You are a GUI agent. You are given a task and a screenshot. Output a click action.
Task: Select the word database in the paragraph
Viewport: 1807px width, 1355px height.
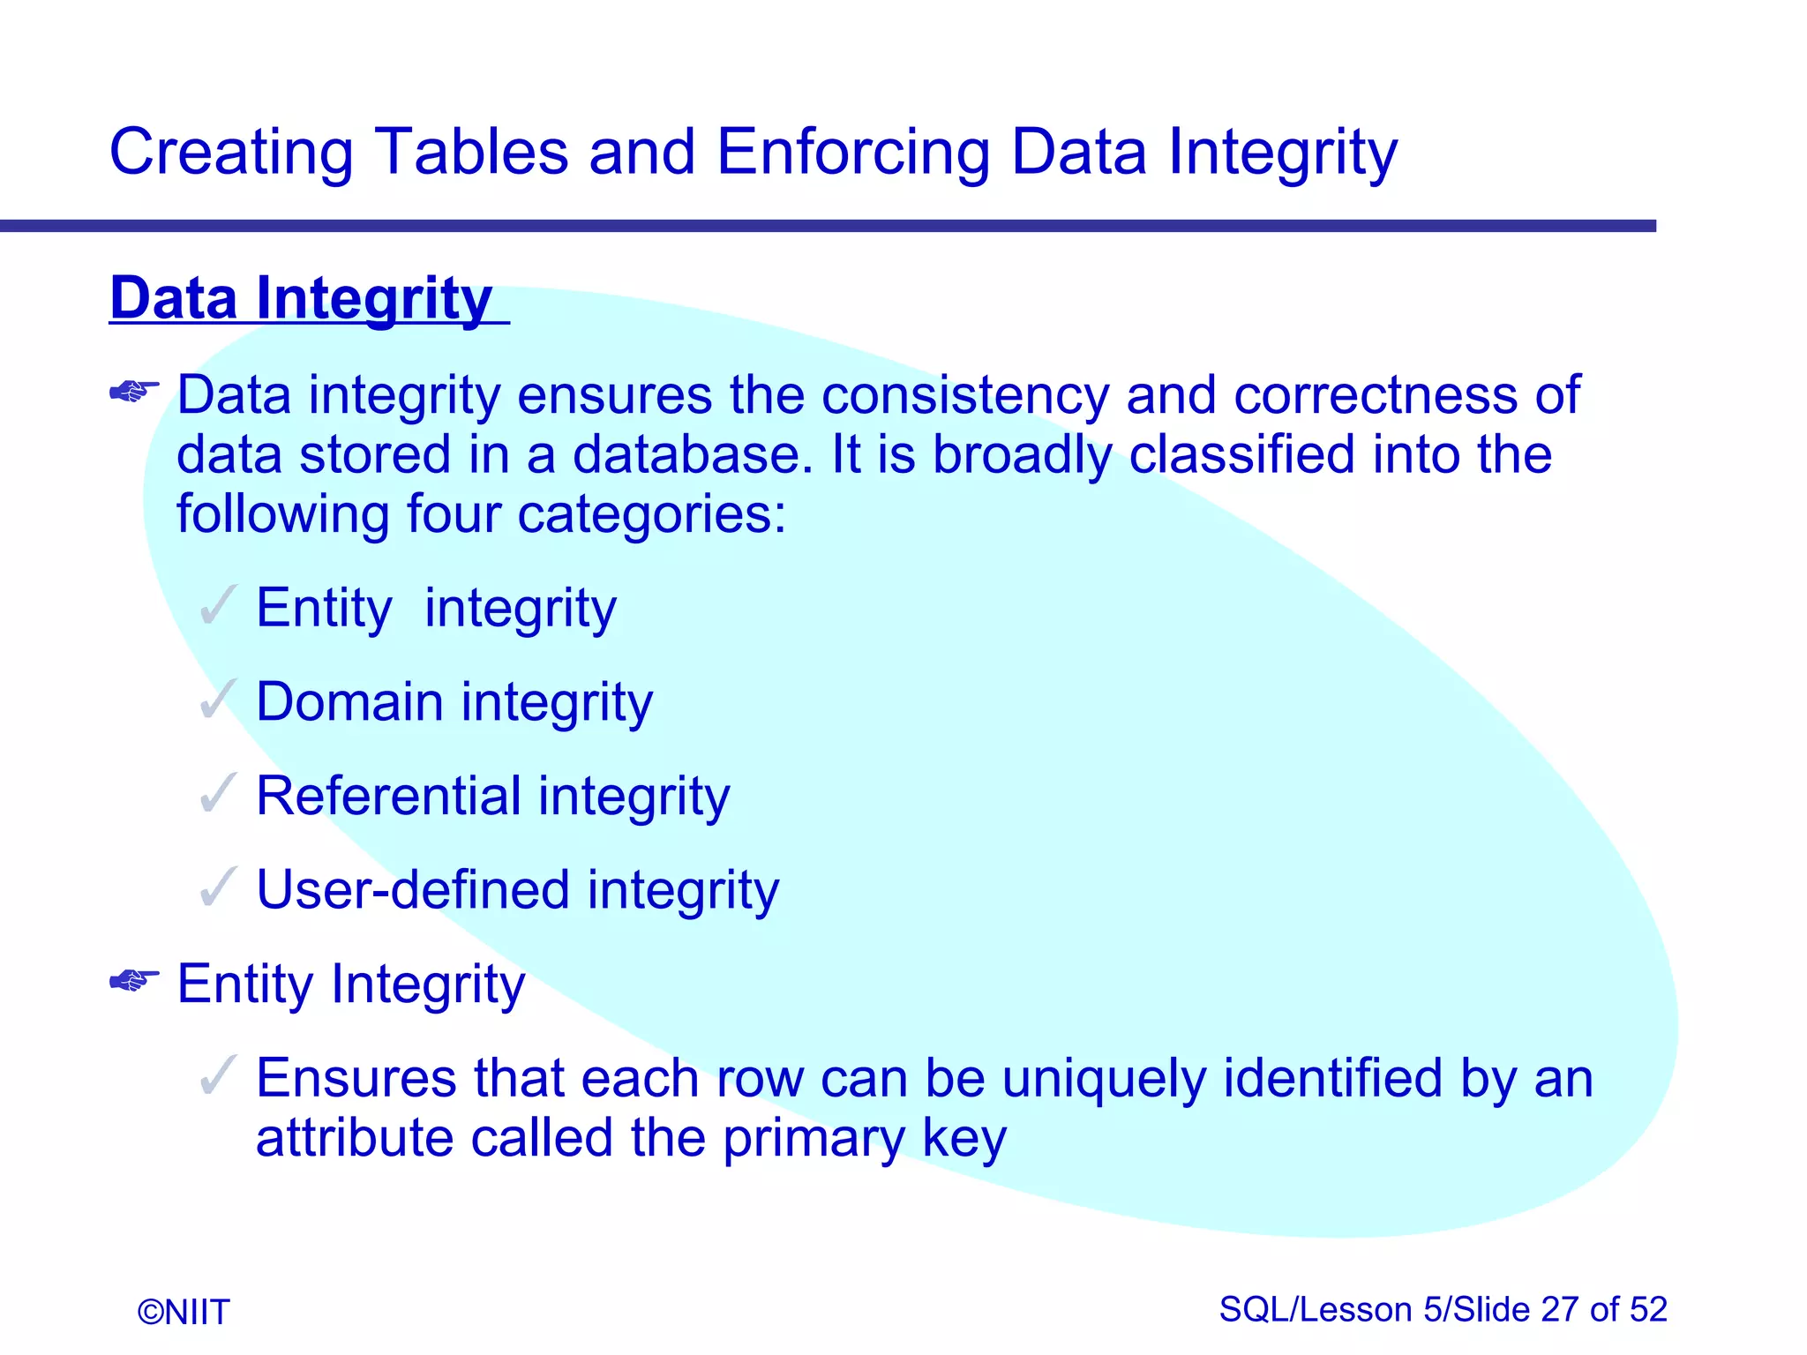[692, 455]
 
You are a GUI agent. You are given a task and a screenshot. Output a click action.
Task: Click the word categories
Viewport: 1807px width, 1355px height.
[650, 515]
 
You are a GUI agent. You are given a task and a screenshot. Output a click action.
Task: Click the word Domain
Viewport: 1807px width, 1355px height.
[349, 702]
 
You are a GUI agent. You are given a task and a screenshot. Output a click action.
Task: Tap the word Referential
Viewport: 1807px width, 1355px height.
[388, 796]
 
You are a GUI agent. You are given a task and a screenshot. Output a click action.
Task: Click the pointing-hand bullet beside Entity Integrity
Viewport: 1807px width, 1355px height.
[134, 980]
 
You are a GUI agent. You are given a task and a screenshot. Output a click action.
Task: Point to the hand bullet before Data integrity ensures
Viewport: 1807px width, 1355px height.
[134, 391]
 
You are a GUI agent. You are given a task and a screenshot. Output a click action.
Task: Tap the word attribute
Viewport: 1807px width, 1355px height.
[353, 1138]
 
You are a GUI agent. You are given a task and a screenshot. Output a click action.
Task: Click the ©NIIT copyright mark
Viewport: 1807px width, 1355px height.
[184, 1312]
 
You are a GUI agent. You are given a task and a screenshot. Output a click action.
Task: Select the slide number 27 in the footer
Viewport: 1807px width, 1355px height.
[1560, 1310]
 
